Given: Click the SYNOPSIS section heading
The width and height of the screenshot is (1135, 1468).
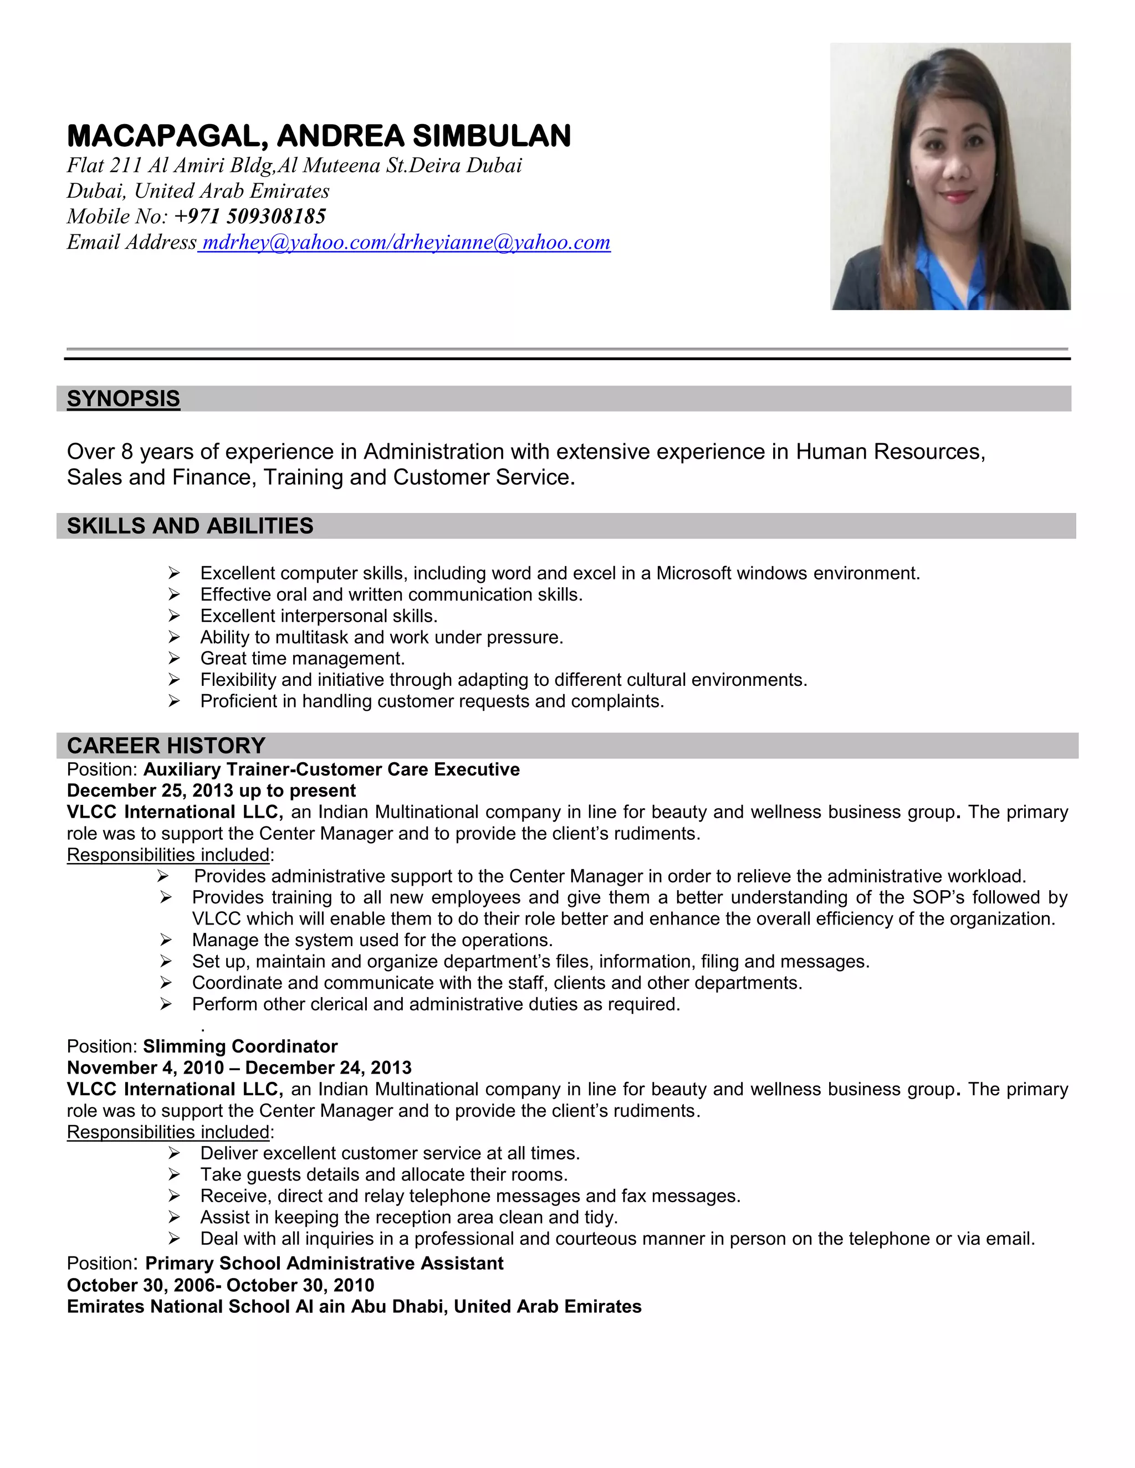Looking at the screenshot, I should tap(123, 399).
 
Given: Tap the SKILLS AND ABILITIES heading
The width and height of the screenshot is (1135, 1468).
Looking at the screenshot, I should tap(190, 526).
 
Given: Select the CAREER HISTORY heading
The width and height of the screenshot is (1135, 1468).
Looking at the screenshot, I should tap(166, 746).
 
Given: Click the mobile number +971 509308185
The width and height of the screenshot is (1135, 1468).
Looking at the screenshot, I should tap(249, 217).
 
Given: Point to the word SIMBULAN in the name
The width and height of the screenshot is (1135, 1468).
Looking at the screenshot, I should tap(492, 136).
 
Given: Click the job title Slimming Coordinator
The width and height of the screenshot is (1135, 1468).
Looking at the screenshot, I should tap(240, 1046).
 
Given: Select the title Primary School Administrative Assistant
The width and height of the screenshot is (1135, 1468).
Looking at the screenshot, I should tap(324, 1264).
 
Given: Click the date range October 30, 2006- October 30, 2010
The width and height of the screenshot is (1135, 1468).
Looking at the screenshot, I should tap(221, 1285).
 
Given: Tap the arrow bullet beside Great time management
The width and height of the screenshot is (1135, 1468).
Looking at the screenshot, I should tap(174, 659).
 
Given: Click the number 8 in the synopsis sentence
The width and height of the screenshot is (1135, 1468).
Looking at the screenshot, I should tap(127, 451).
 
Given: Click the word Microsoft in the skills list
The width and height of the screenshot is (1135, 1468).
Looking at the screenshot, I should tap(693, 573).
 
